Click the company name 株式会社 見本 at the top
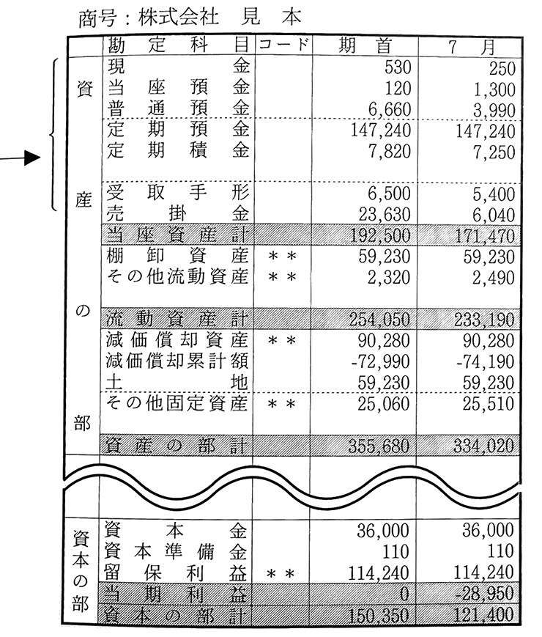[x=219, y=18]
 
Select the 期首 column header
[x=365, y=46]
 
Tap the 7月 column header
[x=472, y=47]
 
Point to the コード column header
[x=283, y=44]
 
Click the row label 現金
[x=178, y=66]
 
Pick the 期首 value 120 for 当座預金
[x=398, y=88]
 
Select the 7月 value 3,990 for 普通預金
[x=494, y=111]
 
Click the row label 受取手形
[x=178, y=192]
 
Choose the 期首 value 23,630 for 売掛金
[x=385, y=214]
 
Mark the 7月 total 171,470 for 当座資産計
[x=485, y=236]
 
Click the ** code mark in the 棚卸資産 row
[x=283, y=257]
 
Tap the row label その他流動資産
[x=177, y=277]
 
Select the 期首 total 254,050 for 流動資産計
[x=379, y=320]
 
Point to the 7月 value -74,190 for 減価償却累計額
[x=485, y=361]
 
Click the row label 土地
[x=177, y=383]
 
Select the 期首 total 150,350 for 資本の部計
[x=379, y=615]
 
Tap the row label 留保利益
[x=175, y=572]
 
